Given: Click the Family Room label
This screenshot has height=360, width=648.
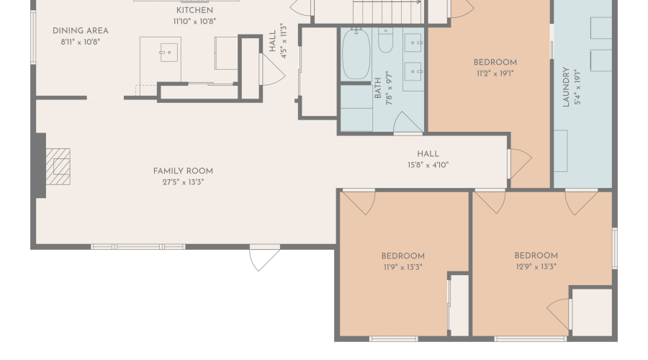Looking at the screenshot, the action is pos(183,171).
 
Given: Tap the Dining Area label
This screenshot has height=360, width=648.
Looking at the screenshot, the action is pos(81,31).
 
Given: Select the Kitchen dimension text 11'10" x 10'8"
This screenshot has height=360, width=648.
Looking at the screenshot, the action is pos(194,22).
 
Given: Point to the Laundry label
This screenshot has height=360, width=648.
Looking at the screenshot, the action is pos(566,87).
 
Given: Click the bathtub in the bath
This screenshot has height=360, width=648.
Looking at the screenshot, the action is pos(356,54).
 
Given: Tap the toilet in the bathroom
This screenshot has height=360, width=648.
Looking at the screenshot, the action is pos(386,40).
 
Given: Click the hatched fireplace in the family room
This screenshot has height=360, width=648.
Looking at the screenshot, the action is pos(58,166).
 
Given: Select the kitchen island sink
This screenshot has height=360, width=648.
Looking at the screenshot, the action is pos(168,53).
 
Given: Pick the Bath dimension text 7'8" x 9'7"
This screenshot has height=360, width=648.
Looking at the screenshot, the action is pos(390,88).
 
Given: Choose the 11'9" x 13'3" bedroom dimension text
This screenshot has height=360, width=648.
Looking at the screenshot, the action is pos(403,267).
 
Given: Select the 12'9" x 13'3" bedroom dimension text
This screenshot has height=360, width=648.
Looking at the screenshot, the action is pos(536,267).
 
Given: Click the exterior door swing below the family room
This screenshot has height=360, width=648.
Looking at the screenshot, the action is pos(265,258).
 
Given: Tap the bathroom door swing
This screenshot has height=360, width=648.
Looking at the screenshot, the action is pos(408,122).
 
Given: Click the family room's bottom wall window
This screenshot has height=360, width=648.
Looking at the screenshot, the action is pos(138,247).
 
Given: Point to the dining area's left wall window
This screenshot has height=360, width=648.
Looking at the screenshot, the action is pos(33,37).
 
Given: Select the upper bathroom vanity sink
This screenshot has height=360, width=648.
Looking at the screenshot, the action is pos(413,42).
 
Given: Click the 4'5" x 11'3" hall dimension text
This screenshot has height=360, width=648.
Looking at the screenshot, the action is pos(284,41).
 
